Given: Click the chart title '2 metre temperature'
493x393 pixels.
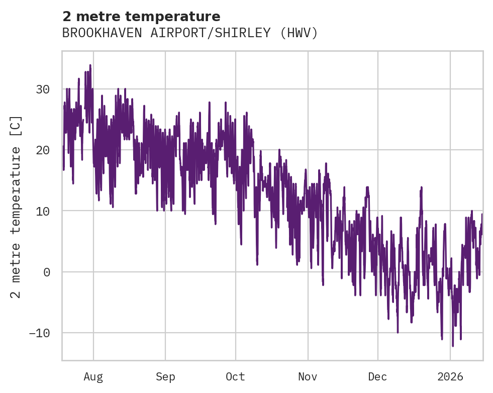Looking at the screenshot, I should (x=141, y=16).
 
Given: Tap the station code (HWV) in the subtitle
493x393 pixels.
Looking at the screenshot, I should (x=299, y=33).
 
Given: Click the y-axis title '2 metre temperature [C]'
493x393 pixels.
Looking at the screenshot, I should (x=16, y=207).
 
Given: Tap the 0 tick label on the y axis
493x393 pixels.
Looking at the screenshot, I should (x=46, y=272).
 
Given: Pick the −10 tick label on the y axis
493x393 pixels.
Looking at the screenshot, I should (x=39, y=333).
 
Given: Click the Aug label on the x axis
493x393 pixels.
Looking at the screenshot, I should (x=93, y=377).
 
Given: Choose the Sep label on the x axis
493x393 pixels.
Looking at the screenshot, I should (x=165, y=377).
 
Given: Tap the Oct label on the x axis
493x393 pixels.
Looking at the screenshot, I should (x=235, y=377).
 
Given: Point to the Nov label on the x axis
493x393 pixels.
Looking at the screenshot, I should (x=308, y=377).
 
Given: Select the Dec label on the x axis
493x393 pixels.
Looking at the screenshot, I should (x=377, y=377).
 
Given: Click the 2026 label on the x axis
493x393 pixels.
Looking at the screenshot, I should (x=450, y=377).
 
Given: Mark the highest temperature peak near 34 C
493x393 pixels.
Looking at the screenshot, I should (x=90, y=65).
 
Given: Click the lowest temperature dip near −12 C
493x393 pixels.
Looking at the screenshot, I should (x=453, y=346).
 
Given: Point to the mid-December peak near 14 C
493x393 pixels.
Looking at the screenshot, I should (x=422, y=187).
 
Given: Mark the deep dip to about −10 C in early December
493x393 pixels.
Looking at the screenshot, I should (x=398, y=332).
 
